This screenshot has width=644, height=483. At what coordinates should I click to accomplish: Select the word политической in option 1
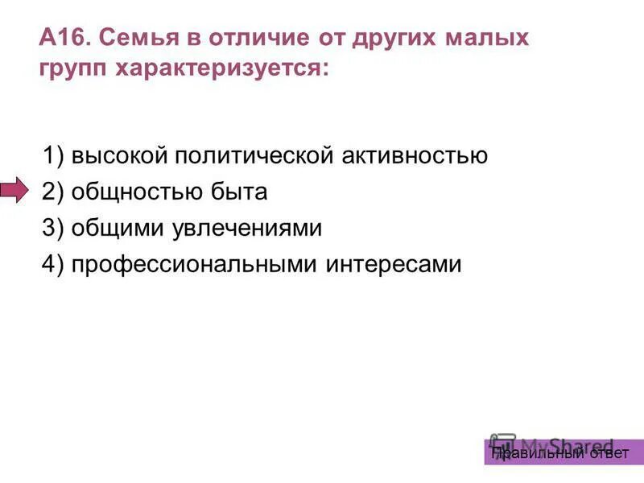(x=246, y=155)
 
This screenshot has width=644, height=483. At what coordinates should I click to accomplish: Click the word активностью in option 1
(x=411, y=155)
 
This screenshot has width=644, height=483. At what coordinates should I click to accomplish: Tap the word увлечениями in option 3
(x=246, y=229)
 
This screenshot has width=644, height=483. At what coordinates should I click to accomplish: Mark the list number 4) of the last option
(x=53, y=265)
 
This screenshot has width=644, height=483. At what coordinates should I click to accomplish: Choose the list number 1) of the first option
(x=53, y=155)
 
